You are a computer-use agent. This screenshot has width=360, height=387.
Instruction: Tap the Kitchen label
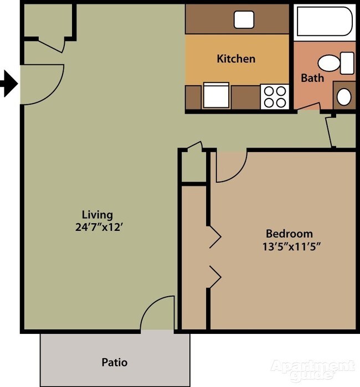(x=236, y=59)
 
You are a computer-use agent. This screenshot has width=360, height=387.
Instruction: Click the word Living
(x=97, y=215)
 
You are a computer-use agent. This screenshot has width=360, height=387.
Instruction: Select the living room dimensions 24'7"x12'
(x=97, y=226)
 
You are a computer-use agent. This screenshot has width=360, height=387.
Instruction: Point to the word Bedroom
(x=289, y=234)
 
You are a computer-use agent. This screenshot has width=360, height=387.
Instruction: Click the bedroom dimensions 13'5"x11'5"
(x=291, y=246)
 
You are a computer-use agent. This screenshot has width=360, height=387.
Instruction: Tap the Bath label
(x=312, y=78)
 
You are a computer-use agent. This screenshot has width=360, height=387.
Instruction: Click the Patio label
(x=115, y=363)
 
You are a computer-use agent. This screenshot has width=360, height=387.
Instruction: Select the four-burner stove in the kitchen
(x=275, y=97)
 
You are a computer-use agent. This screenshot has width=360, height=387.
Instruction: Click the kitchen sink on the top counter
(x=244, y=19)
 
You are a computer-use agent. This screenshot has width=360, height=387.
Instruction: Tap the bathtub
(x=323, y=22)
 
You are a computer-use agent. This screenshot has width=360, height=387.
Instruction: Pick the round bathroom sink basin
(x=344, y=97)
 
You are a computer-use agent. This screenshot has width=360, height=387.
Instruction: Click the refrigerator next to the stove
(x=216, y=95)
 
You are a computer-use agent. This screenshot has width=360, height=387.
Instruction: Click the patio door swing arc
(x=158, y=314)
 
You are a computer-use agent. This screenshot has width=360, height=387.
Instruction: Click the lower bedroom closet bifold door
(x=214, y=276)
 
